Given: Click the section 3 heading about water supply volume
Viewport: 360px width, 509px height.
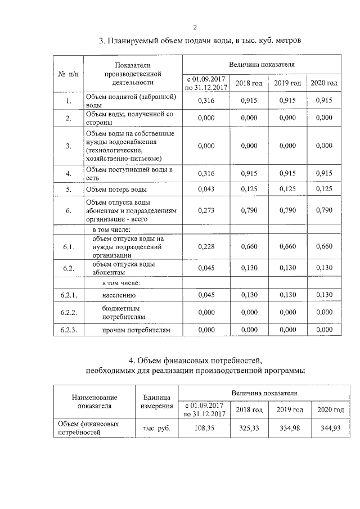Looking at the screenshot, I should [200, 41].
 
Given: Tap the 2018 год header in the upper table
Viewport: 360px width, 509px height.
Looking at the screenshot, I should [249, 83].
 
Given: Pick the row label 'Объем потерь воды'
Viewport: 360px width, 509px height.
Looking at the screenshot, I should [116, 190].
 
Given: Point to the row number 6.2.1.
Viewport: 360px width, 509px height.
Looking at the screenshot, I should [68, 295].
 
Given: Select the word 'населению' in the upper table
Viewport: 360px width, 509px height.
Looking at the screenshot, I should [119, 295].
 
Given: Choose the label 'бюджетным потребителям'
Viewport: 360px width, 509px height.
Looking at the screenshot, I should [121, 312].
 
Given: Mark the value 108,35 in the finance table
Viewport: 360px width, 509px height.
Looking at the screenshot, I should [203, 428].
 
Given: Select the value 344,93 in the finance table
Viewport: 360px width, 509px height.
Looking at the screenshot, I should [330, 428].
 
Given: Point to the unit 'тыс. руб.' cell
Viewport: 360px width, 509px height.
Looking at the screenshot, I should [157, 428].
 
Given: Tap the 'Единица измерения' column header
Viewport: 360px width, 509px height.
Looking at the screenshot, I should [157, 401].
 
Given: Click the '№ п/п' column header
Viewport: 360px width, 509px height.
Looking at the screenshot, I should [68, 74].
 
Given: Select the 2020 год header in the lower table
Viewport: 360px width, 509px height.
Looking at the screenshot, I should [330, 409].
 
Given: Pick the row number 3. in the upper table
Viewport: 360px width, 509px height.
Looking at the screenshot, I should [68, 146].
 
